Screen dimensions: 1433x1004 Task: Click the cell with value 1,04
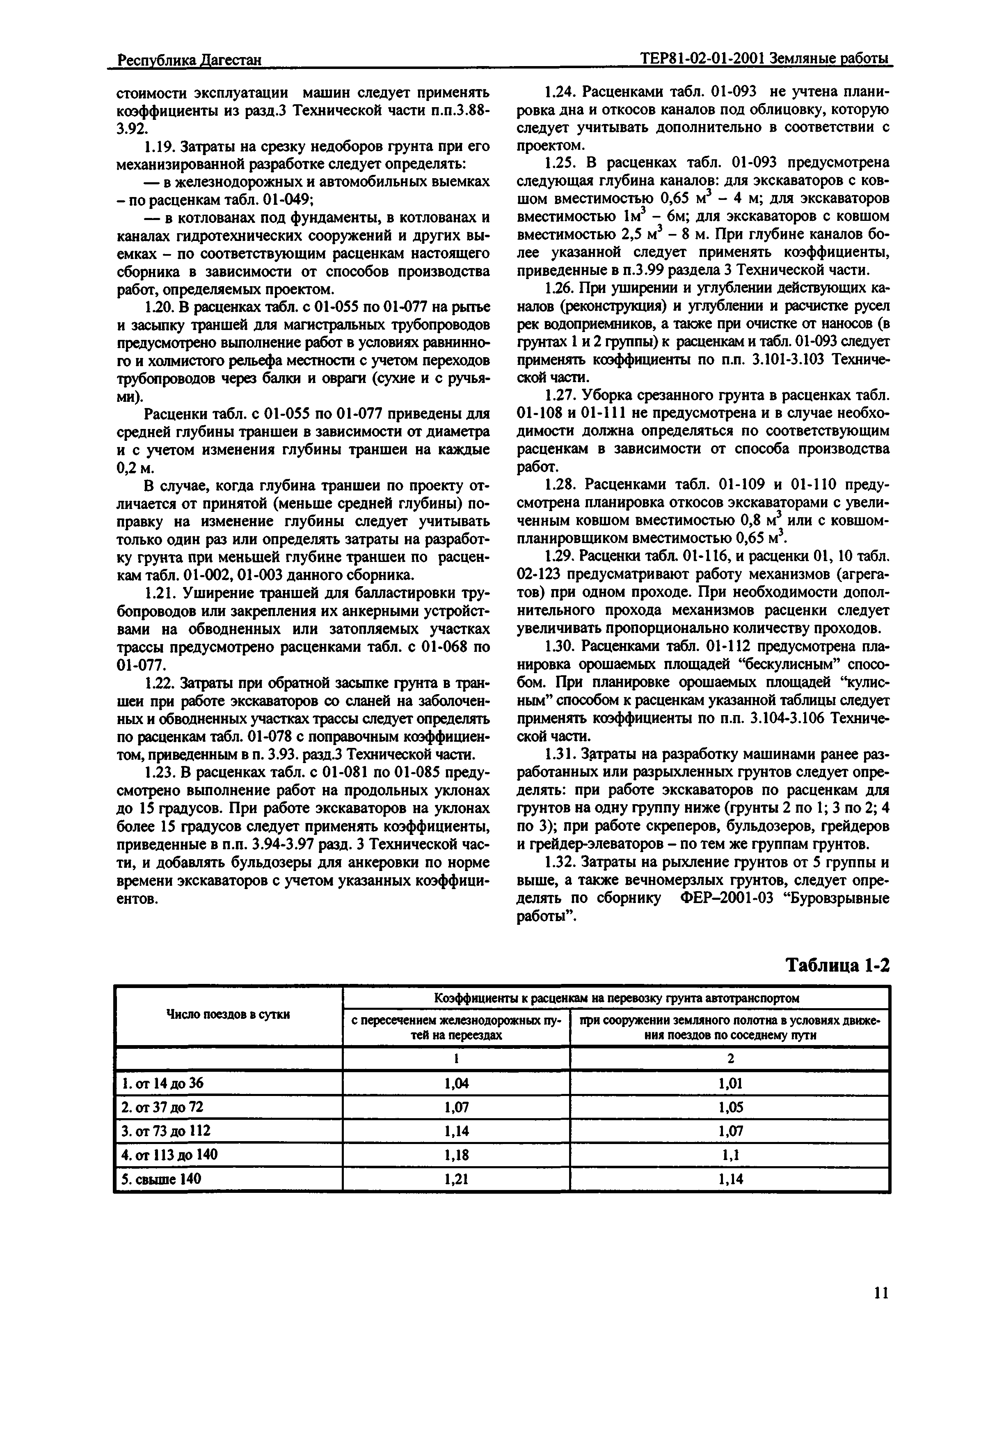click(x=456, y=1084)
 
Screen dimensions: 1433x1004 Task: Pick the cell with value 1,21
click(x=456, y=1179)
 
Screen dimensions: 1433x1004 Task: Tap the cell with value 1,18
click(x=456, y=1155)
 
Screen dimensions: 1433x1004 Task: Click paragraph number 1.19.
click(x=157, y=147)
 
